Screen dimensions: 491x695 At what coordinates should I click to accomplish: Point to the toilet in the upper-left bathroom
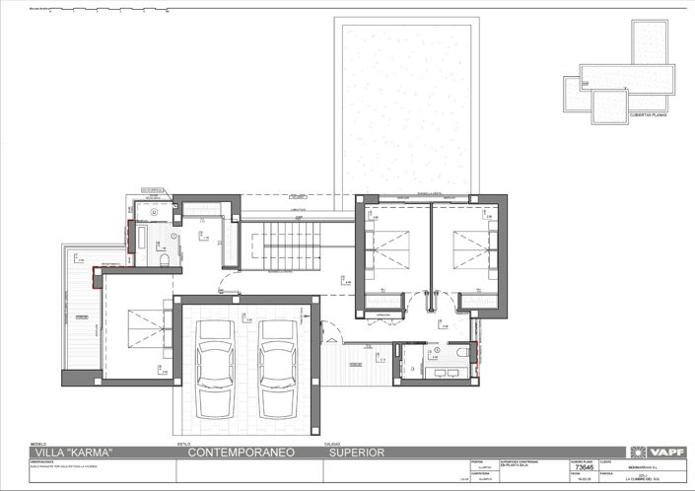(x=164, y=259)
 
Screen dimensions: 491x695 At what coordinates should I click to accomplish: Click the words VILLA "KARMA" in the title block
(x=73, y=453)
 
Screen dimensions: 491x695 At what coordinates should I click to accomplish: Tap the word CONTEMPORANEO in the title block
(x=238, y=453)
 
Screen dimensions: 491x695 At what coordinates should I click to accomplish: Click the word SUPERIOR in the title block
(x=358, y=453)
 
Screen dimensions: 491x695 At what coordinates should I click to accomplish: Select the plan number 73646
(x=585, y=469)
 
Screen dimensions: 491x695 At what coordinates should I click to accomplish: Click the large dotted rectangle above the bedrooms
(x=408, y=104)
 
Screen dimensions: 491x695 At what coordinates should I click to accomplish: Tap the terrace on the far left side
(x=81, y=316)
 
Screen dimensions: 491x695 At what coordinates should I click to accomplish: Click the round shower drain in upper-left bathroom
(x=155, y=211)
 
